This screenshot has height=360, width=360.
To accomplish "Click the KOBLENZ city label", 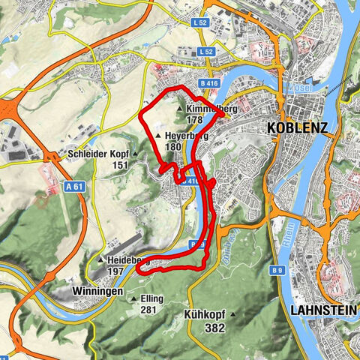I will click(297, 128).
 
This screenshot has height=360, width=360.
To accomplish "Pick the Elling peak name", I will click(152, 298).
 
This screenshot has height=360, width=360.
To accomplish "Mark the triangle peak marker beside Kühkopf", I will click(233, 315).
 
